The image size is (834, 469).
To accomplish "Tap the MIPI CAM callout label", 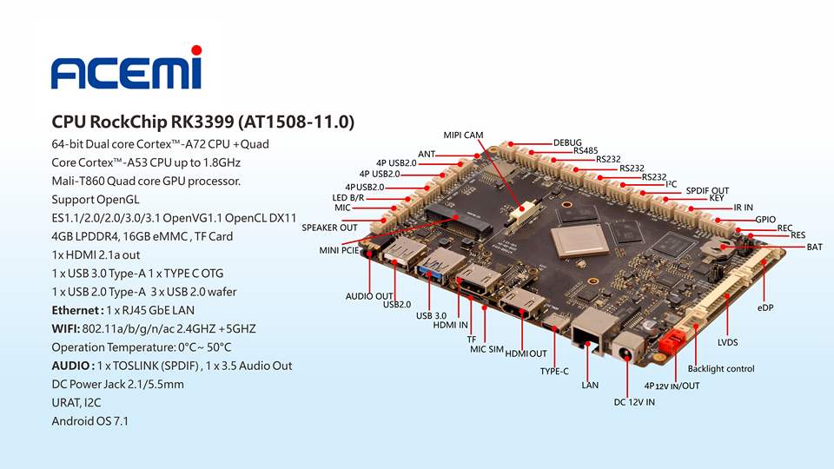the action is [x=463, y=135].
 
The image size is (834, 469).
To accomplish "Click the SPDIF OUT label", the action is [x=707, y=190].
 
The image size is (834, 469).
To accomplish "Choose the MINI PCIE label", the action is [x=339, y=250].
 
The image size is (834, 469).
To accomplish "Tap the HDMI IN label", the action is [x=450, y=325].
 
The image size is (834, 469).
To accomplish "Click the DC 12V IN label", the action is [x=634, y=402].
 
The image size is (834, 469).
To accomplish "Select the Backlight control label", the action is [x=720, y=368].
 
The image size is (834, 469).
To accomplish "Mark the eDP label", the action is [x=765, y=307].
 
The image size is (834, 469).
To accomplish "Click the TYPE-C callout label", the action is [x=554, y=371].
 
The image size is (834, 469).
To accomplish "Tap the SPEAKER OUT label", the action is [x=329, y=228].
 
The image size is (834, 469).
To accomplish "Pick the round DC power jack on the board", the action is [x=624, y=352].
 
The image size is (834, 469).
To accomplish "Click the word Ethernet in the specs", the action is [x=76, y=310].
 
